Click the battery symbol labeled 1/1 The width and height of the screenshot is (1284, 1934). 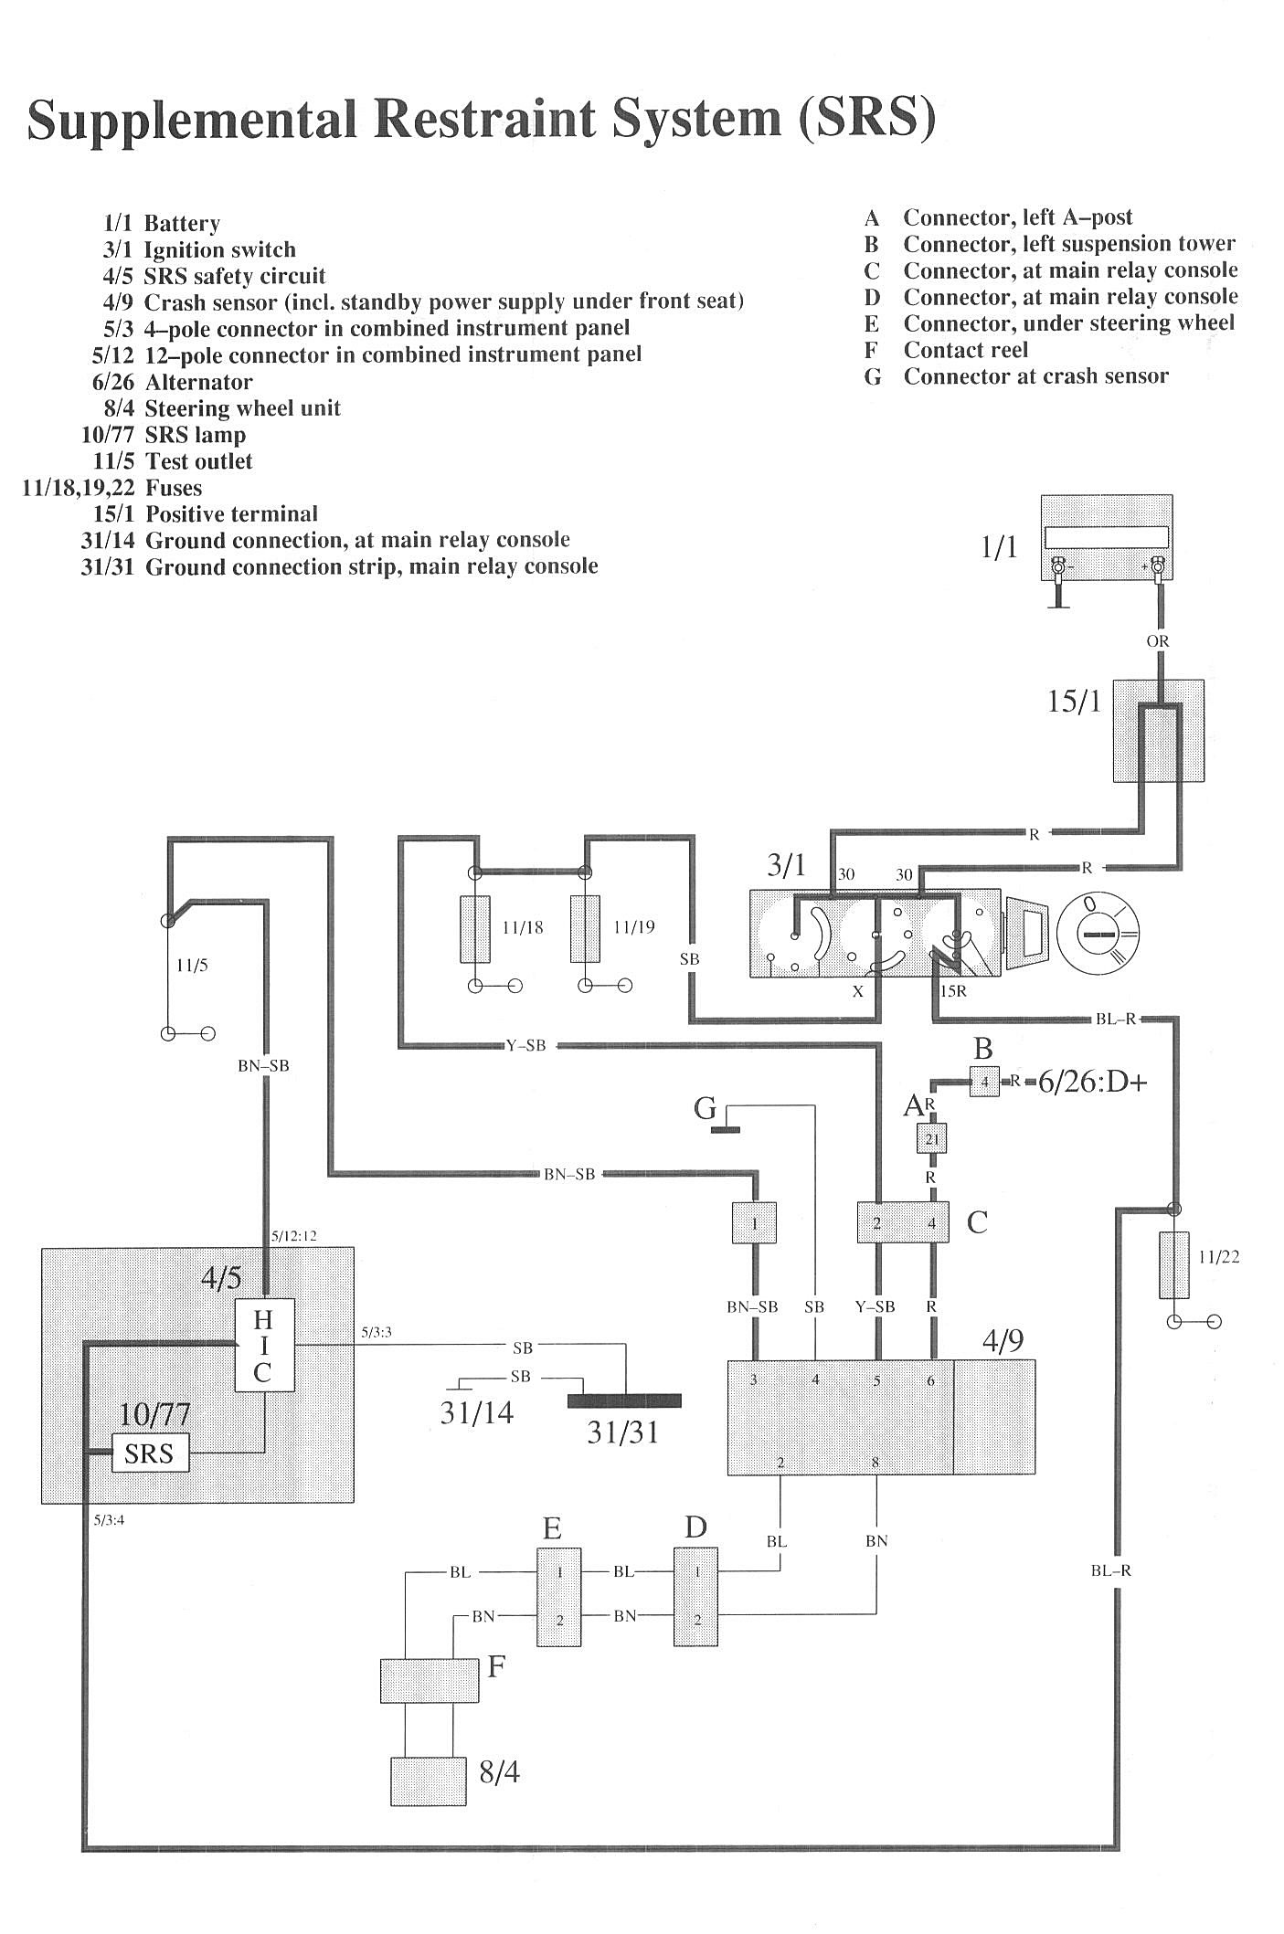coord(1107,538)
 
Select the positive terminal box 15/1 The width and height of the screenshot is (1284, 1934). coord(1157,730)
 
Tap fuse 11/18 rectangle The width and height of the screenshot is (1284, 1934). coord(475,928)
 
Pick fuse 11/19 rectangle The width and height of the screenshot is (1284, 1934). coord(585,928)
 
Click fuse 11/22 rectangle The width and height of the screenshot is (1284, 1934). coord(1174,1264)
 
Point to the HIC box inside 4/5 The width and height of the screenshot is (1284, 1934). coord(264,1344)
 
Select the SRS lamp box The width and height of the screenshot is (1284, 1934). coord(150,1452)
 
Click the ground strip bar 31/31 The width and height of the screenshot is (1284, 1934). coord(625,1400)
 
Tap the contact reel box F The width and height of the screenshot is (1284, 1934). coord(429,1680)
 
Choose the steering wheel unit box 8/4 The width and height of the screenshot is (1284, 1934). coord(429,1780)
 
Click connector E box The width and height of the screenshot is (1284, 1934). coord(558,1596)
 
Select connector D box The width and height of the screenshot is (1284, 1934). coord(695,1596)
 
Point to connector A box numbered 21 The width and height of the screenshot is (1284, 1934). coord(932,1138)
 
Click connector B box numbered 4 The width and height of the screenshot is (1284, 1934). coord(984,1082)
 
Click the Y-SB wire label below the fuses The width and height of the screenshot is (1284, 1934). coord(525,1045)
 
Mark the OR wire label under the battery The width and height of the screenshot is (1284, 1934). coord(1158,641)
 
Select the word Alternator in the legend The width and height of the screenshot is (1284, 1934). coord(198,382)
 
